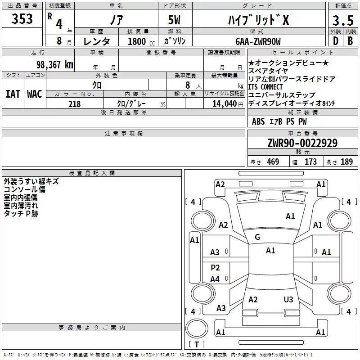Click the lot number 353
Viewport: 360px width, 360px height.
(x=22, y=19)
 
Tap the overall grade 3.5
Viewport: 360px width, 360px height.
(x=343, y=20)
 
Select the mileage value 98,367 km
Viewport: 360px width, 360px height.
(x=55, y=64)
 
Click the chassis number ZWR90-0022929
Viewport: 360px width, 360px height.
(x=302, y=143)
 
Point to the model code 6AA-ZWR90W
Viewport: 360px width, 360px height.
(x=258, y=41)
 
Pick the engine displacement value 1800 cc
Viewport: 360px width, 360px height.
(x=141, y=41)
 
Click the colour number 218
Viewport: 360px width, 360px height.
(x=75, y=104)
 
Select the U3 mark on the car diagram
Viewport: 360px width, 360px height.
(x=288, y=300)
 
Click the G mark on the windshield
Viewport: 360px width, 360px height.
(x=257, y=237)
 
